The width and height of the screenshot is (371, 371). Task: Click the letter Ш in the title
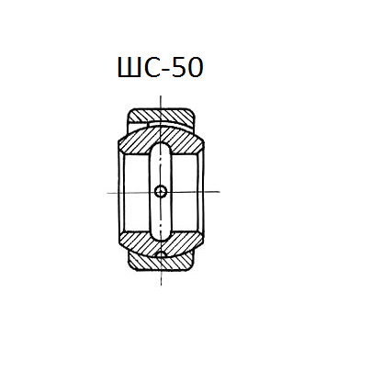[x=129, y=67]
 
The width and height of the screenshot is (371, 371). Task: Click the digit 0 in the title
[x=194, y=67]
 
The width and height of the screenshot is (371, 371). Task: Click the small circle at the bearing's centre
[x=161, y=192]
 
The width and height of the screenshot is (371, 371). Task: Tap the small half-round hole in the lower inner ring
[x=161, y=253]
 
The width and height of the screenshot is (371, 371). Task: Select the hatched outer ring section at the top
[x=162, y=116]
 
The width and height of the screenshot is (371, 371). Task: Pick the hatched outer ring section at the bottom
[x=162, y=264]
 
